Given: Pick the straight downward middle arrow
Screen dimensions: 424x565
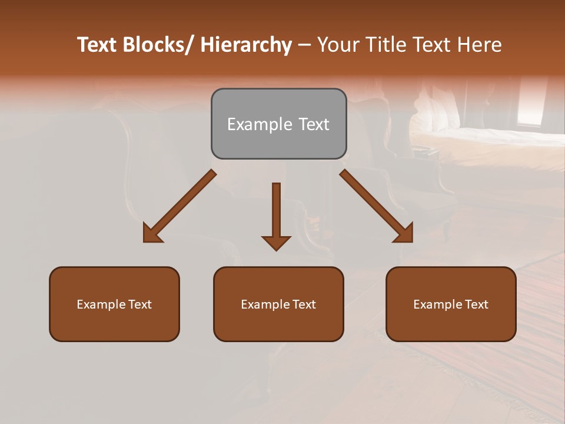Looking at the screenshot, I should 276,216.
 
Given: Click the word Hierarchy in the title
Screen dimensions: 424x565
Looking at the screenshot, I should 246,45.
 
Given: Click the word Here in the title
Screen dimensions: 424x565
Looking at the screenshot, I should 479,45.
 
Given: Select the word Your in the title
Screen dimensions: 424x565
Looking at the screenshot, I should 337,45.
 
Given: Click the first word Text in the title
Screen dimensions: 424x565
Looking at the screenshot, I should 98,45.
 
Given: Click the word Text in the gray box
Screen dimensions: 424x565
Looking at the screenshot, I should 313,124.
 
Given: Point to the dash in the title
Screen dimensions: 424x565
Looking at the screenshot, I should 304,45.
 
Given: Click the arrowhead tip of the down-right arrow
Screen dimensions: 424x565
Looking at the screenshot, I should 412,241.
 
